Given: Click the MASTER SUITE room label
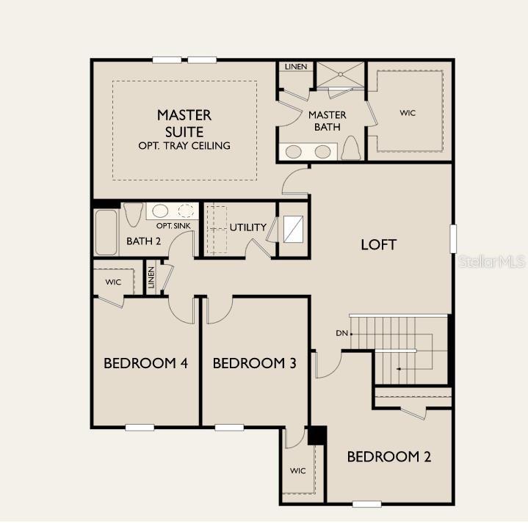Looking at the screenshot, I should pyautogui.click(x=184, y=122).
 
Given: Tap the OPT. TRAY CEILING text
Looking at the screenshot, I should pyautogui.click(x=184, y=145).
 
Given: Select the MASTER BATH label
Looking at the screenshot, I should pyautogui.click(x=327, y=121).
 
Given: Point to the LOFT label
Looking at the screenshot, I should pyautogui.click(x=379, y=244).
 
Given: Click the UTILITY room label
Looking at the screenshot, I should pyautogui.click(x=248, y=227).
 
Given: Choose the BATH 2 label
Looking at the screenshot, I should pyautogui.click(x=143, y=241).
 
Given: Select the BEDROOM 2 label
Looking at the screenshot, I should pyautogui.click(x=388, y=457).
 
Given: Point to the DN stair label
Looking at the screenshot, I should pyautogui.click(x=341, y=334).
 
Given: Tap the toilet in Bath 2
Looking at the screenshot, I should pyautogui.click(x=133, y=215).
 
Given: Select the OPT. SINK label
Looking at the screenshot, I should pyautogui.click(x=173, y=226).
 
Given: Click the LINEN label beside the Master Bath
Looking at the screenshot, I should pyautogui.click(x=296, y=67).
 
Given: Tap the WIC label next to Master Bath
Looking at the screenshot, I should pyautogui.click(x=408, y=113).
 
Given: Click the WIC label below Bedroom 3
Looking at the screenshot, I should pyautogui.click(x=297, y=471).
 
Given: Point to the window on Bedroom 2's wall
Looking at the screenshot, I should pyautogui.click(x=366, y=503).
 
